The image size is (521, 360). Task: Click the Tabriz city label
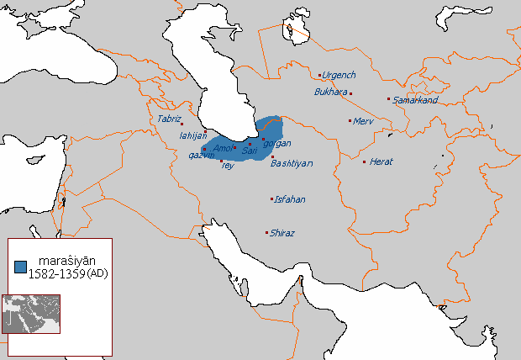(x=169, y=119)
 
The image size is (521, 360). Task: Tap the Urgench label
(x=339, y=76)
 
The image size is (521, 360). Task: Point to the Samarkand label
(x=415, y=100)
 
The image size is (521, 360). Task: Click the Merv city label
(x=363, y=121)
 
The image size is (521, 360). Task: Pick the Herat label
(x=382, y=161)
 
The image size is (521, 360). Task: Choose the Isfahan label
(x=290, y=199)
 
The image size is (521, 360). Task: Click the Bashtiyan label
(x=292, y=164)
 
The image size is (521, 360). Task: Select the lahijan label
(x=193, y=135)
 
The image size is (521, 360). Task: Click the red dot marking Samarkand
(x=388, y=99)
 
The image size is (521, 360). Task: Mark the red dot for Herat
(x=364, y=161)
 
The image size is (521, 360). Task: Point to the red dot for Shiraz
(x=266, y=232)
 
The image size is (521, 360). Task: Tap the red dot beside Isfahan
(x=271, y=199)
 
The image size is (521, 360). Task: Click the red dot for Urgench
(x=319, y=74)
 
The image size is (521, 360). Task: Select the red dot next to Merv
(x=350, y=121)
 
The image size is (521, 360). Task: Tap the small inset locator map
(x=31, y=313)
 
